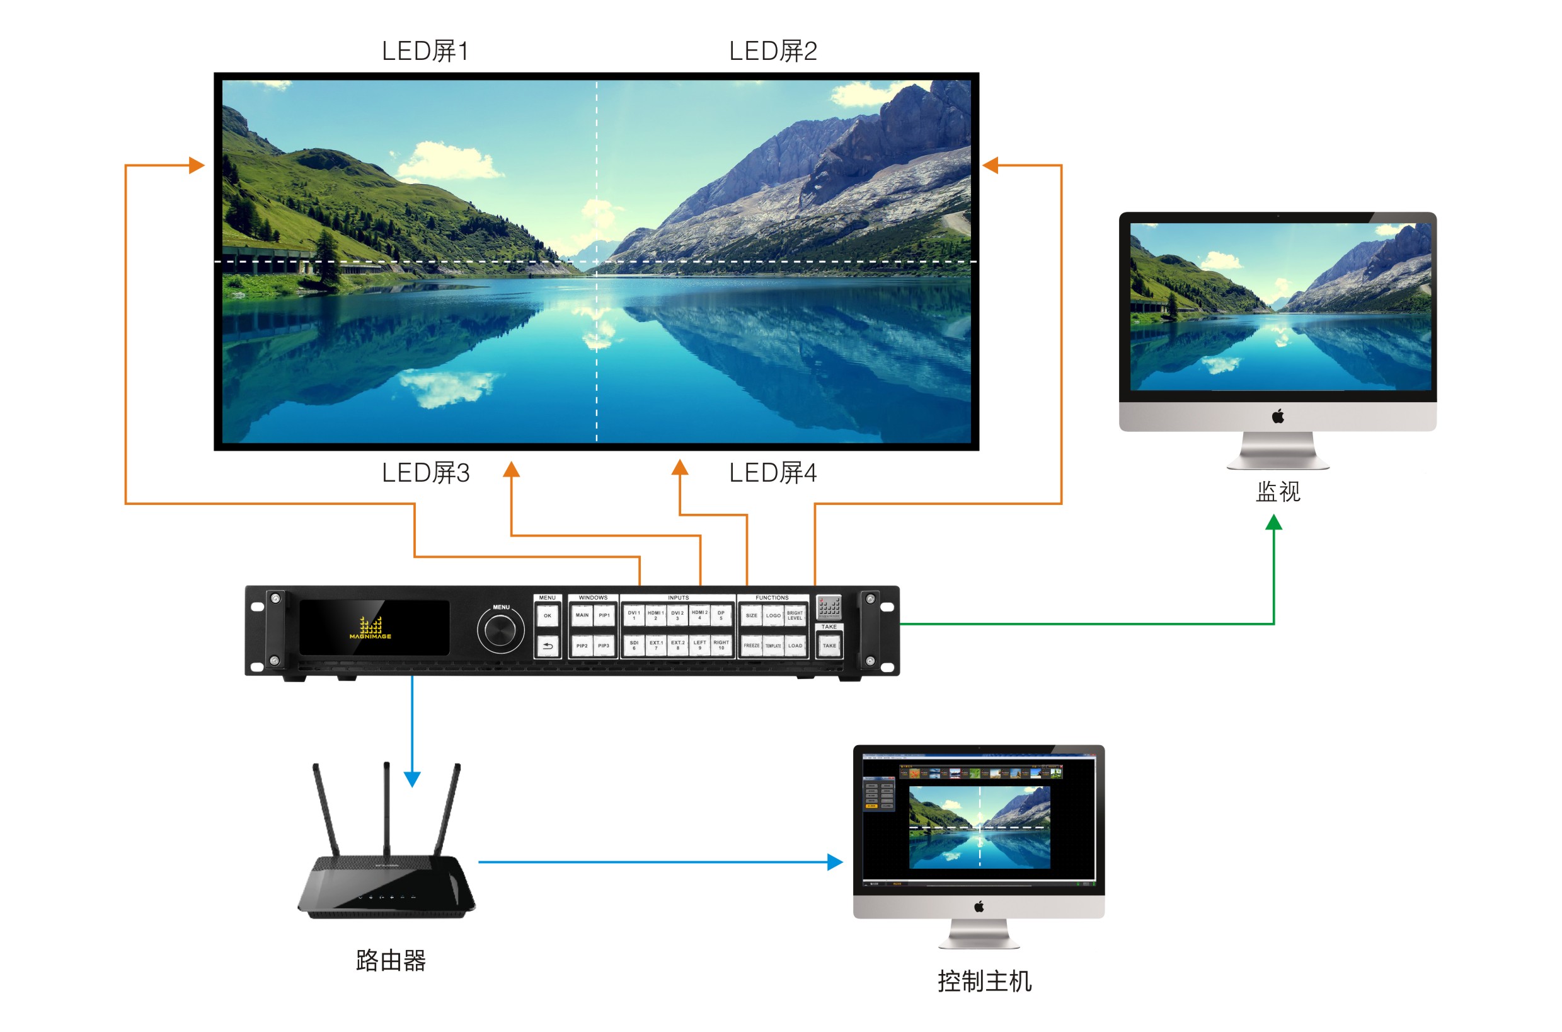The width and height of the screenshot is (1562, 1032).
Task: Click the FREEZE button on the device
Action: click(x=751, y=646)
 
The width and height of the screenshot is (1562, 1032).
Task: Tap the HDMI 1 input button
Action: click(x=655, y=615)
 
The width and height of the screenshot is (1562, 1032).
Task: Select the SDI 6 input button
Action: click(x=633, y=646)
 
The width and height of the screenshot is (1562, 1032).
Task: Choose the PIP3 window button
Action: click(x=603, y=646)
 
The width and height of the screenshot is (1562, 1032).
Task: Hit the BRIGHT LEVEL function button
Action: click(x=795, y=615)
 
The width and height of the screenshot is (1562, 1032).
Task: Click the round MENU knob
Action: click(x=500, y=630)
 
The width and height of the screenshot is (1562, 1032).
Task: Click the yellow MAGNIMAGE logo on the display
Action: click(x=370, y=629)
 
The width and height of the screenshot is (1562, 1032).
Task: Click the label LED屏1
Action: click(x=425, y=51)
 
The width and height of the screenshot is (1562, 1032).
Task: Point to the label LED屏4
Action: click(x=772, y=473)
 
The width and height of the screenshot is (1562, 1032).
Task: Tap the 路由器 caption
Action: click(x=391, y=961)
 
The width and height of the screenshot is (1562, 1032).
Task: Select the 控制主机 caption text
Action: click(x=985, y=982)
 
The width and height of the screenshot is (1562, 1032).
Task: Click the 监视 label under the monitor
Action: click(x=1278, y=492)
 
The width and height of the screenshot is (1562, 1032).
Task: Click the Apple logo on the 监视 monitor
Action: click(x=1278, y=416)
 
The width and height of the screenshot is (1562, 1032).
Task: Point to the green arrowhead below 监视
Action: click(x=1274, y=523)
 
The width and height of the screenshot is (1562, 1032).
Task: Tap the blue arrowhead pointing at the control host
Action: click(x=835, y=862)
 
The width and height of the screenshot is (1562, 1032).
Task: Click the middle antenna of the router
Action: click(x=387, y=809)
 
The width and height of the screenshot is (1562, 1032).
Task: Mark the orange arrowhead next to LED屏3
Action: click(x=511, y=469)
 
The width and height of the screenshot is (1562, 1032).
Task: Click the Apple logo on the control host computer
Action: click(x=979, y=907)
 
